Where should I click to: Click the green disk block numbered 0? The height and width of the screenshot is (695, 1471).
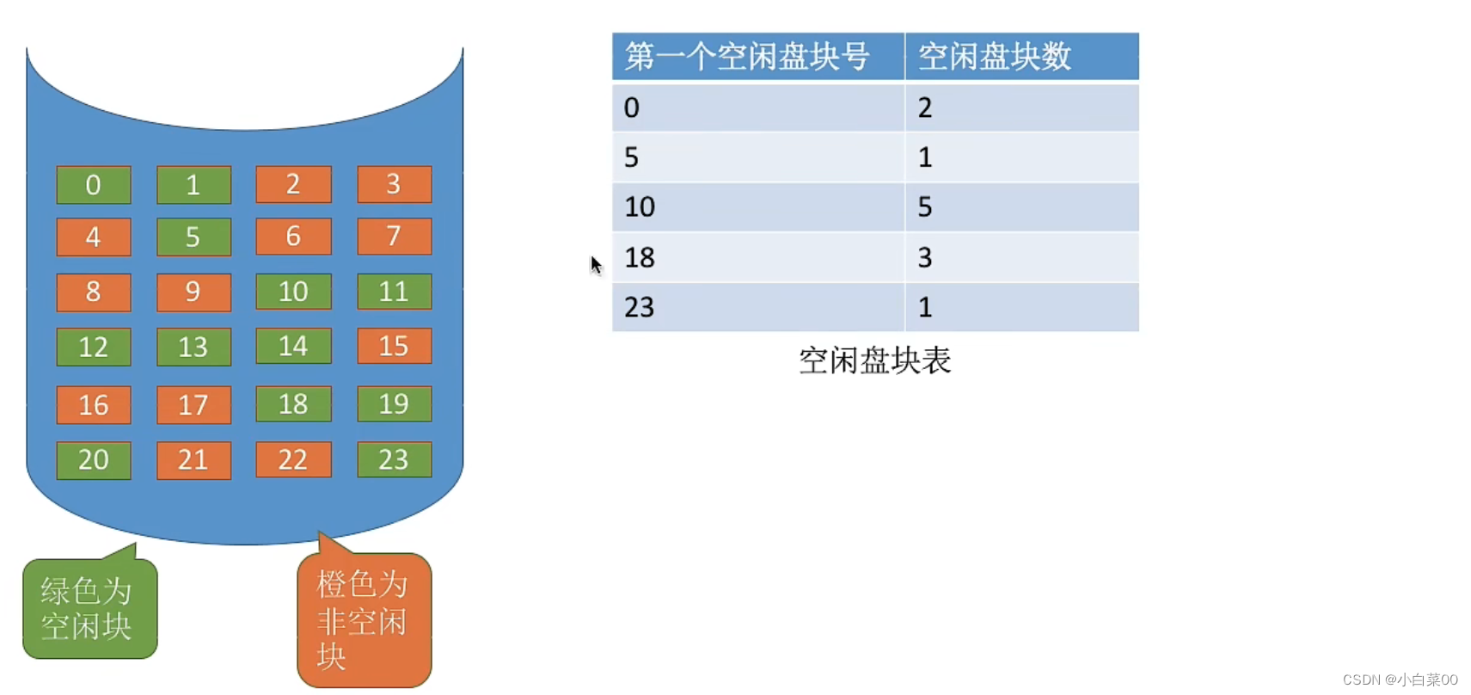pos(93,185)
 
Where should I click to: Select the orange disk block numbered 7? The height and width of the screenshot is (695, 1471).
pos(394,236)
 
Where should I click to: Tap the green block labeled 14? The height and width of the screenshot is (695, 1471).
pos(293,346)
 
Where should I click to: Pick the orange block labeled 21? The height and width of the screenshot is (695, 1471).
pos(193,460)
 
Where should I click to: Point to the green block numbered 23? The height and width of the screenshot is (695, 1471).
pos(394,459)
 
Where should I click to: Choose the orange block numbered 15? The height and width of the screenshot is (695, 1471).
pos(394,346)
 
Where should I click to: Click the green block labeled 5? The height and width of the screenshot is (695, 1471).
pos(193,237)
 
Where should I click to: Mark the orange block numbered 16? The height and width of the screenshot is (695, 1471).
pos(93,404)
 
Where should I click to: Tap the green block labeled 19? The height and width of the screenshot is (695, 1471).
pos(394,403)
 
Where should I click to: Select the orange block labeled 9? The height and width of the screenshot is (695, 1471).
pos(193,292)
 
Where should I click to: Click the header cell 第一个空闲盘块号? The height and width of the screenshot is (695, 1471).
pos(757,57)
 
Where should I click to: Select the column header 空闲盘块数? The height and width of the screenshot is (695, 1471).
pos(1022,57)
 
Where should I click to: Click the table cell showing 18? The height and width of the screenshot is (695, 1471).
pos(757,257)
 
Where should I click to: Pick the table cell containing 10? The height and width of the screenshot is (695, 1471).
pos(757,207)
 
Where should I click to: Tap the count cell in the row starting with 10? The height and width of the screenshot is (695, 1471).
pos(1022,207)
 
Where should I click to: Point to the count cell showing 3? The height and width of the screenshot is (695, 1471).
pos(1022,257)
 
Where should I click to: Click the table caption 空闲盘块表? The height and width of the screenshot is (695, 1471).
pos(874,360)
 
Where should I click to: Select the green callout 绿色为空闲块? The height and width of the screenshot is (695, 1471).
pos(90,607)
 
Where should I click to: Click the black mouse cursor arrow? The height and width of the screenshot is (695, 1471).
pos(596,266)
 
